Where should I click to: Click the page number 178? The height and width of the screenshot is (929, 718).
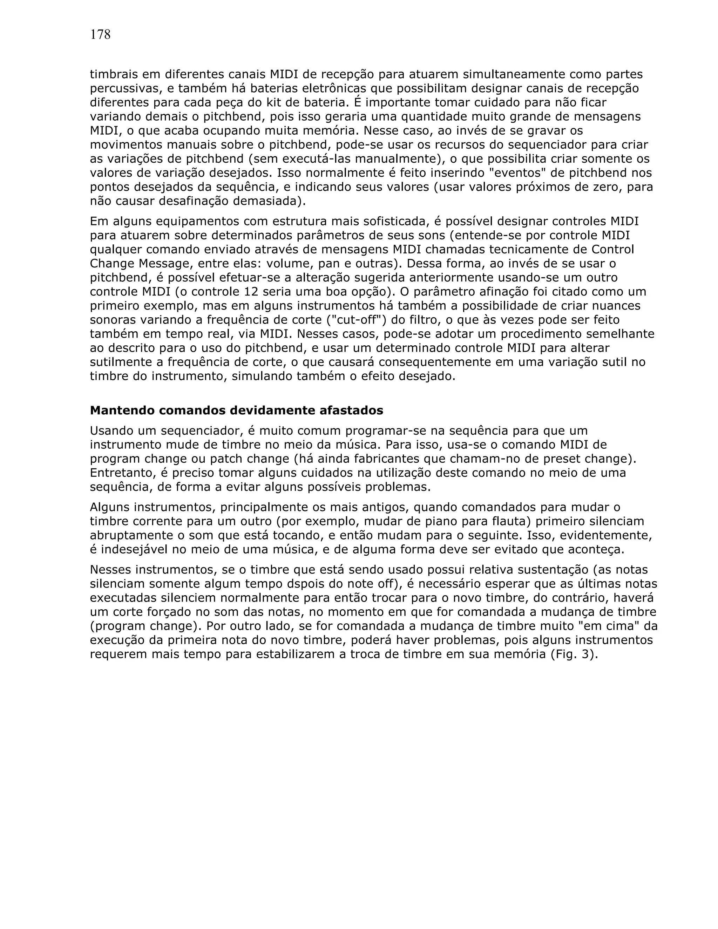pyautogui.click(x=100, y=35)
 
